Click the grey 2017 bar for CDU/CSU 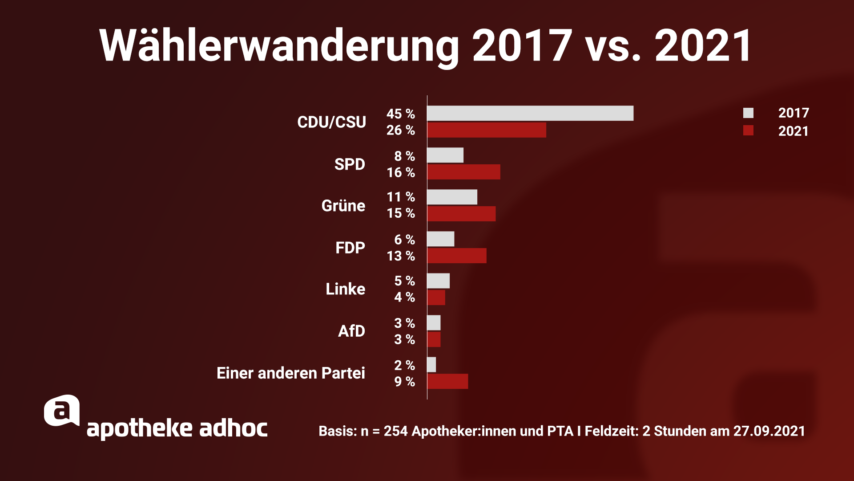click(x=530, y=113)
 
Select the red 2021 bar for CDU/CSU click(x=487, y=130)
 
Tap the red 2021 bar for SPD click(x=463, y=172)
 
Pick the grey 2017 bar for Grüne click(x=452, y=197)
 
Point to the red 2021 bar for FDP click(x=457, y=256)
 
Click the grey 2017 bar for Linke click(x=438, y=281)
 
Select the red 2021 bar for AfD click(x=434, y=339)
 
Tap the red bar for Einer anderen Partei click(x=447, y=381)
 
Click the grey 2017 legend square click(x=748, y=113)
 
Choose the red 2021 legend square click(x=748, y=130)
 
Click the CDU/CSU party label click(x=331, y=122)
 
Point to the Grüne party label click(x=343, y=206)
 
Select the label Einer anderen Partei click(x=290, y=373)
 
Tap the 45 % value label click(x=400, y=114)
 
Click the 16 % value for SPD click(x=400, y=172)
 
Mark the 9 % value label click(x=404, y=382)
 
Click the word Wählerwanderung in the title click(x=279, y=46)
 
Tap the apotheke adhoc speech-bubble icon click(x=62, y=411)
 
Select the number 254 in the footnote click(x=395, y=431)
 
